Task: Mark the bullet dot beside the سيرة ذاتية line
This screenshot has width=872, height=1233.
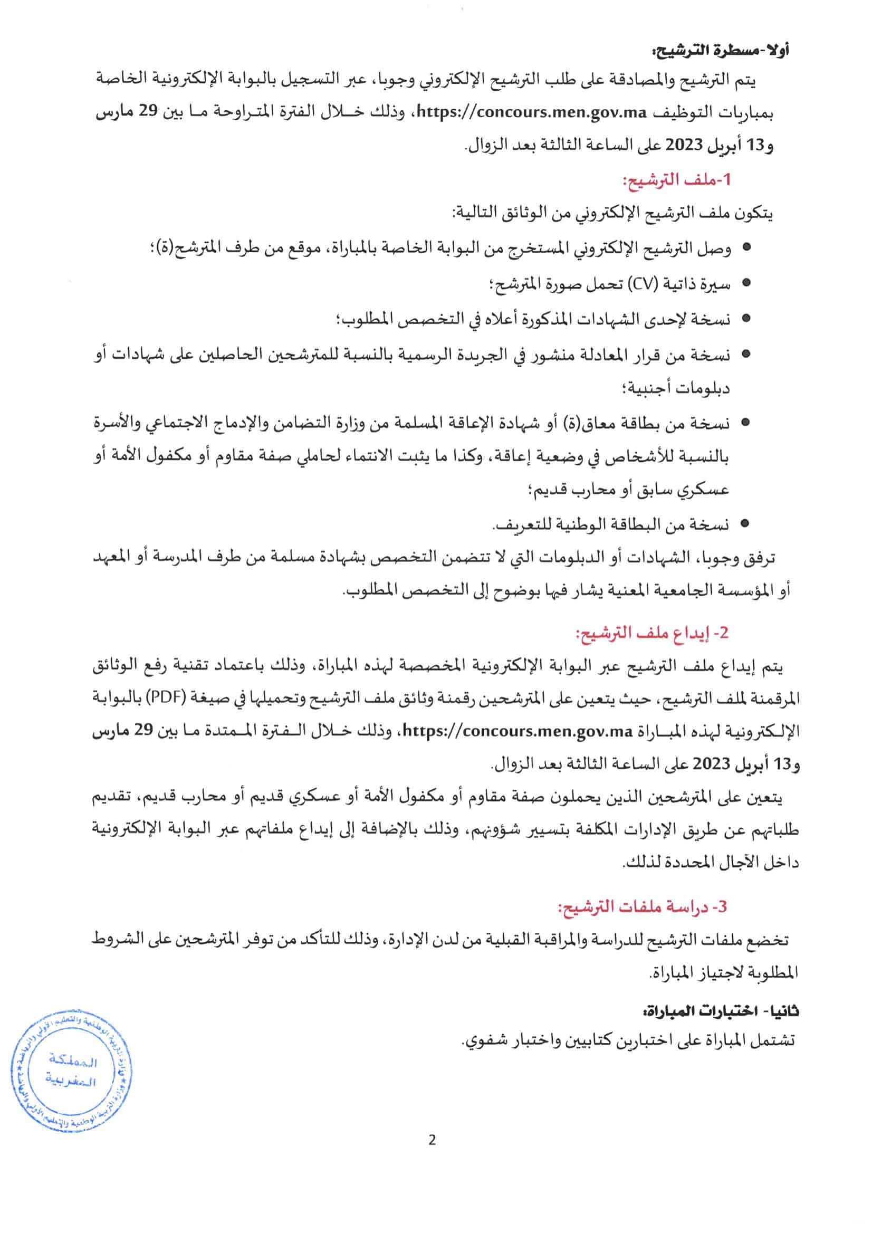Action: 745,283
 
